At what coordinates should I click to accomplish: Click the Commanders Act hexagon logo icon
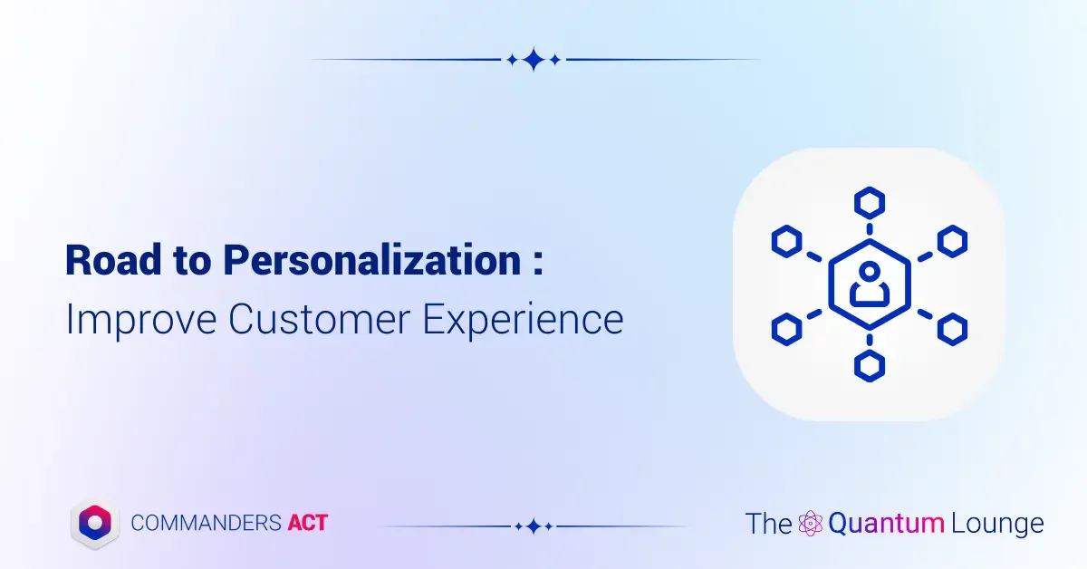(x=96, y=522)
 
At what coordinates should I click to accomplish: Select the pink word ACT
(x=307, y=523)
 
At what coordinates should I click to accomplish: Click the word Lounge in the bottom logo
(x=997, y=524)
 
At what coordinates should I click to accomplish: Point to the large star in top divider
(x=534, y=60)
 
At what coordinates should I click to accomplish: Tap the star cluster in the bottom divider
(x=534, y=526)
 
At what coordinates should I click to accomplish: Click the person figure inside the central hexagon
(x=869, y=284)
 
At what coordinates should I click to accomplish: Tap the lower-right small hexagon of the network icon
(x=951, y=328)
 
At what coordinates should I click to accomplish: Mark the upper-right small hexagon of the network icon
(x=951, y=241)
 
